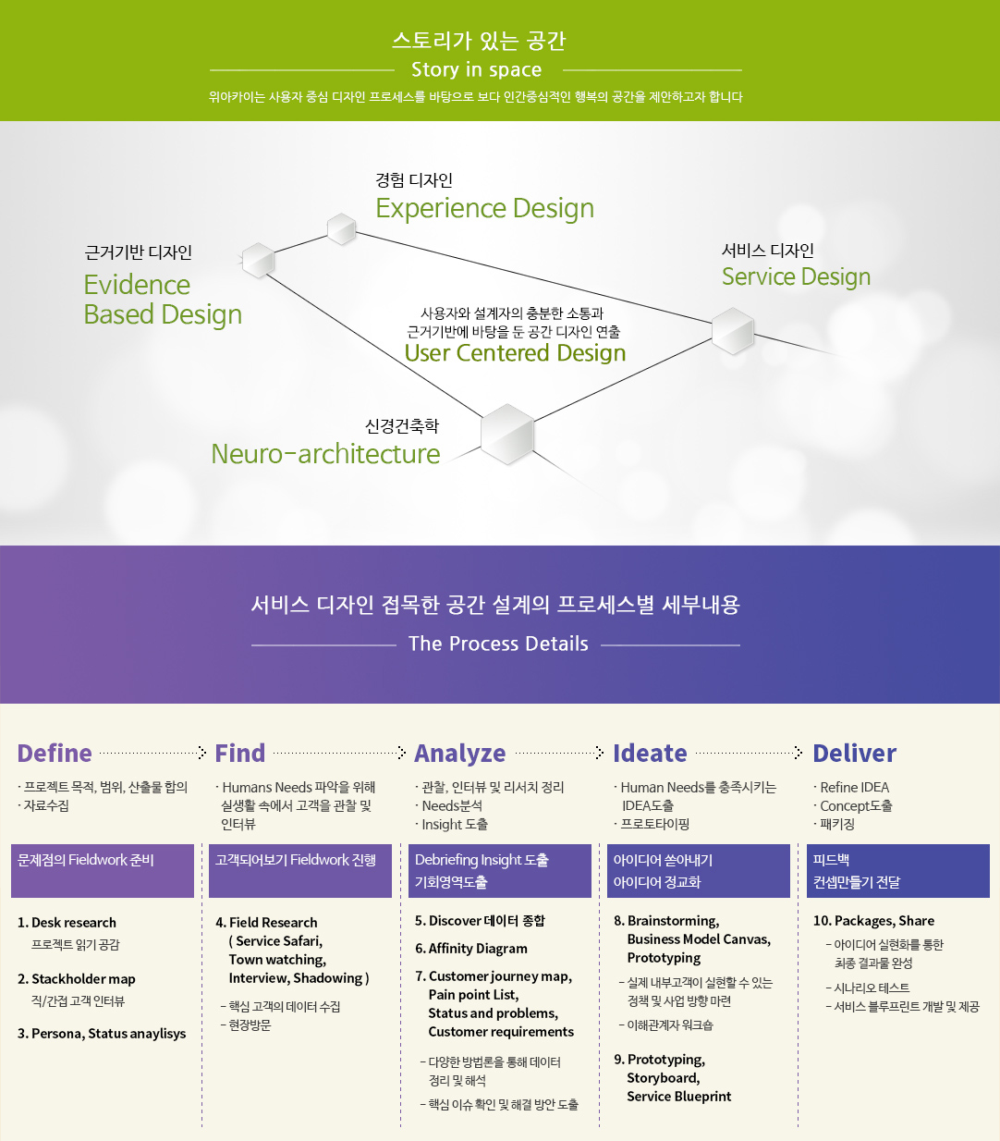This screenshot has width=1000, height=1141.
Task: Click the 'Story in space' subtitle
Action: tap(476, 70)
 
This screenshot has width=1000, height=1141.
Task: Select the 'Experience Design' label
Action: tap(484, 209)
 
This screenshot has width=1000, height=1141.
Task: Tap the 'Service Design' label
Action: tap(796, 277)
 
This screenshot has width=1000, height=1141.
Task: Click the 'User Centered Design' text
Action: tap(515, 353)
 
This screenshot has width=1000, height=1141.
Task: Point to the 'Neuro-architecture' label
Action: tap(325, 454)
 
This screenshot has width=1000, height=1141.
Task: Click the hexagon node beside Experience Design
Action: tap(342, 228)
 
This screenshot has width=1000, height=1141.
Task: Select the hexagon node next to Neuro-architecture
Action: tap(507, 434)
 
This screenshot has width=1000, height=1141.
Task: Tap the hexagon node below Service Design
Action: tap(733, 331)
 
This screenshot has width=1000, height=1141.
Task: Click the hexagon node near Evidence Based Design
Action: tap(258, 261)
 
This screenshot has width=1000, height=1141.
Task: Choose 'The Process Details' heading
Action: tap(498, 644)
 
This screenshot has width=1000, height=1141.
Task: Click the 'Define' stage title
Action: tap(55, 754)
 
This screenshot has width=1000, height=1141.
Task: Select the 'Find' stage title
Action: tap(239, 754)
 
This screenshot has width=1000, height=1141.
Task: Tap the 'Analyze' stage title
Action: tap(459, 755)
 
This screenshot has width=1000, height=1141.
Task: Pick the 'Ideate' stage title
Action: tap(650, 754)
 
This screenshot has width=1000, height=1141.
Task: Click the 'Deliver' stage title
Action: tap(854, 754)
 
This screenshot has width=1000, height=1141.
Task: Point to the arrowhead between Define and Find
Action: tap(202, 753)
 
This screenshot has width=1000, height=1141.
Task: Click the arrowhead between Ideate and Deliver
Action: tap(799, 753)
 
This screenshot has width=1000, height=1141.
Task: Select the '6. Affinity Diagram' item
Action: tap(471, 949)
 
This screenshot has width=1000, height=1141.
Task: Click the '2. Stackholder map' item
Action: tap(77, 979)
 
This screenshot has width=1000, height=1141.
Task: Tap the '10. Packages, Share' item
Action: tap(873, 921)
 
